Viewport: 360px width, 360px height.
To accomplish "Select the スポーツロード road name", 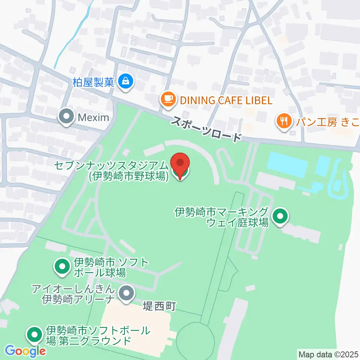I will pos(206,129).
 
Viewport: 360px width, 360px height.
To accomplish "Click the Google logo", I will pos(25,351).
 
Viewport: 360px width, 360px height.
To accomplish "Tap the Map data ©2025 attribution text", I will pos(328,354).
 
